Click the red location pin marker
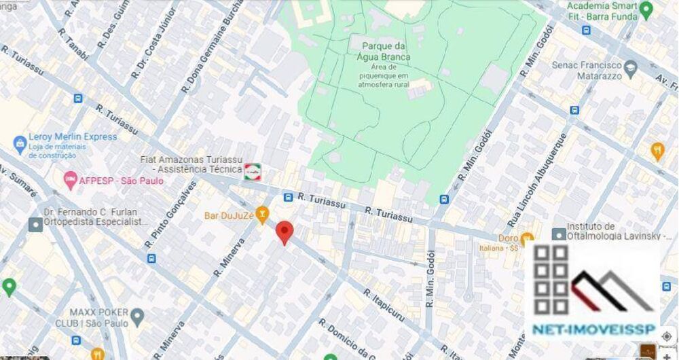(x=285, y=232)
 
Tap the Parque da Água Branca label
(x=380, y=51)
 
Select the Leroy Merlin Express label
(x=73, y=137)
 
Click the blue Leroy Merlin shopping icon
(x=18, y=143)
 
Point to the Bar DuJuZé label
(x=228, y=215)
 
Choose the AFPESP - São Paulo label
(x=120, y=181)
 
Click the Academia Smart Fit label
(x=602, y=7)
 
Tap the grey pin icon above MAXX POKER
(x=138, y=316)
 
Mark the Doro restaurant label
(x=507, y=238)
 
